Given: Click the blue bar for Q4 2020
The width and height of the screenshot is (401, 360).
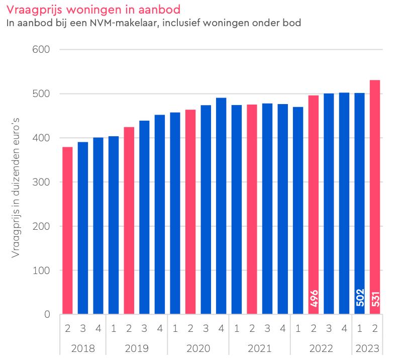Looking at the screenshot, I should tap(221, 206).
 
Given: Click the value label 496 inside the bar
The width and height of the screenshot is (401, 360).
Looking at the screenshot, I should tap(314, 298).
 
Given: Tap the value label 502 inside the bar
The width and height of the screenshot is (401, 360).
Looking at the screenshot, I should tap(359, 298).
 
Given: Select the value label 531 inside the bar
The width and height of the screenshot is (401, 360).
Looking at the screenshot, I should tap(375, 298).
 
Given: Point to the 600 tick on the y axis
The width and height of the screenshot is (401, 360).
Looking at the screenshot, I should tap(42, 50).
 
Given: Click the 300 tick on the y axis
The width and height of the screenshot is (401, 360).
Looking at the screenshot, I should tap(42, 182).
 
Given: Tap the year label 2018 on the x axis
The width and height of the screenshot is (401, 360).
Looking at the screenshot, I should tap(82, 348).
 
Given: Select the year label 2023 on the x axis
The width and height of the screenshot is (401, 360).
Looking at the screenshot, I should tap(367, 348).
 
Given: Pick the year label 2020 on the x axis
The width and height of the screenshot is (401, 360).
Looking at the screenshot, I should tap(198, 348).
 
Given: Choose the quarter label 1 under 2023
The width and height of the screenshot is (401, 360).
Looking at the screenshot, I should tap(359, 329).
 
